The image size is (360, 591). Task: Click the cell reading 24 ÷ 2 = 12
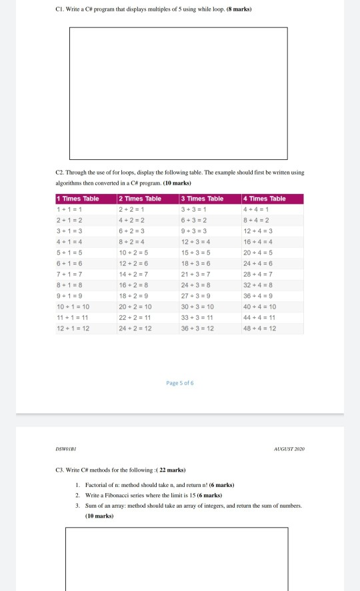pyautogui.click(x=135, y=328)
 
